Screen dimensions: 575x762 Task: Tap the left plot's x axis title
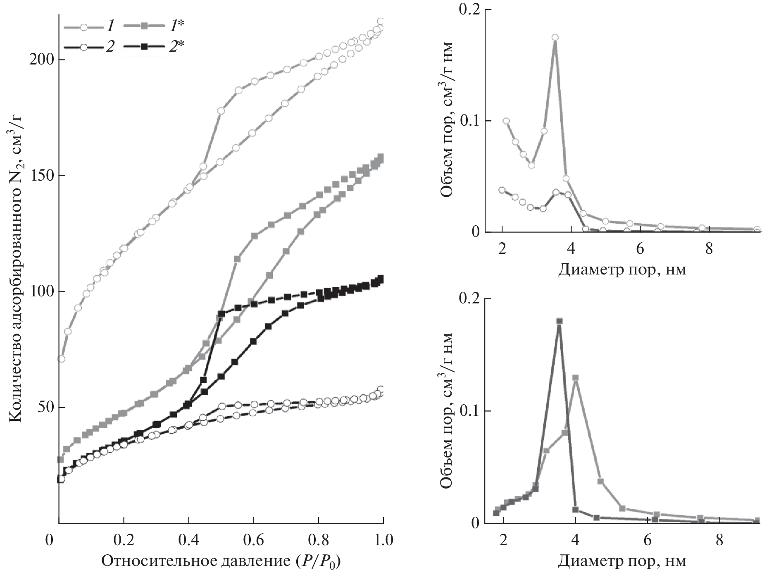tap(223, 561)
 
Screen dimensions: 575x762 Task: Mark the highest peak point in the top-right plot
tap(555, 38)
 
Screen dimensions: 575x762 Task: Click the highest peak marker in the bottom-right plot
tap(560, 321)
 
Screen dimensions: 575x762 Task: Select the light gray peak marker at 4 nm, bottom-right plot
tap(575, 378)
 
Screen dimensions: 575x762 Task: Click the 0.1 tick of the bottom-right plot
tap(469, 411)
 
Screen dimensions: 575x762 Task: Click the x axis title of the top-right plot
tap(622, 270)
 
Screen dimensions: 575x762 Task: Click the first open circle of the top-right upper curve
tap(506, 121)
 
